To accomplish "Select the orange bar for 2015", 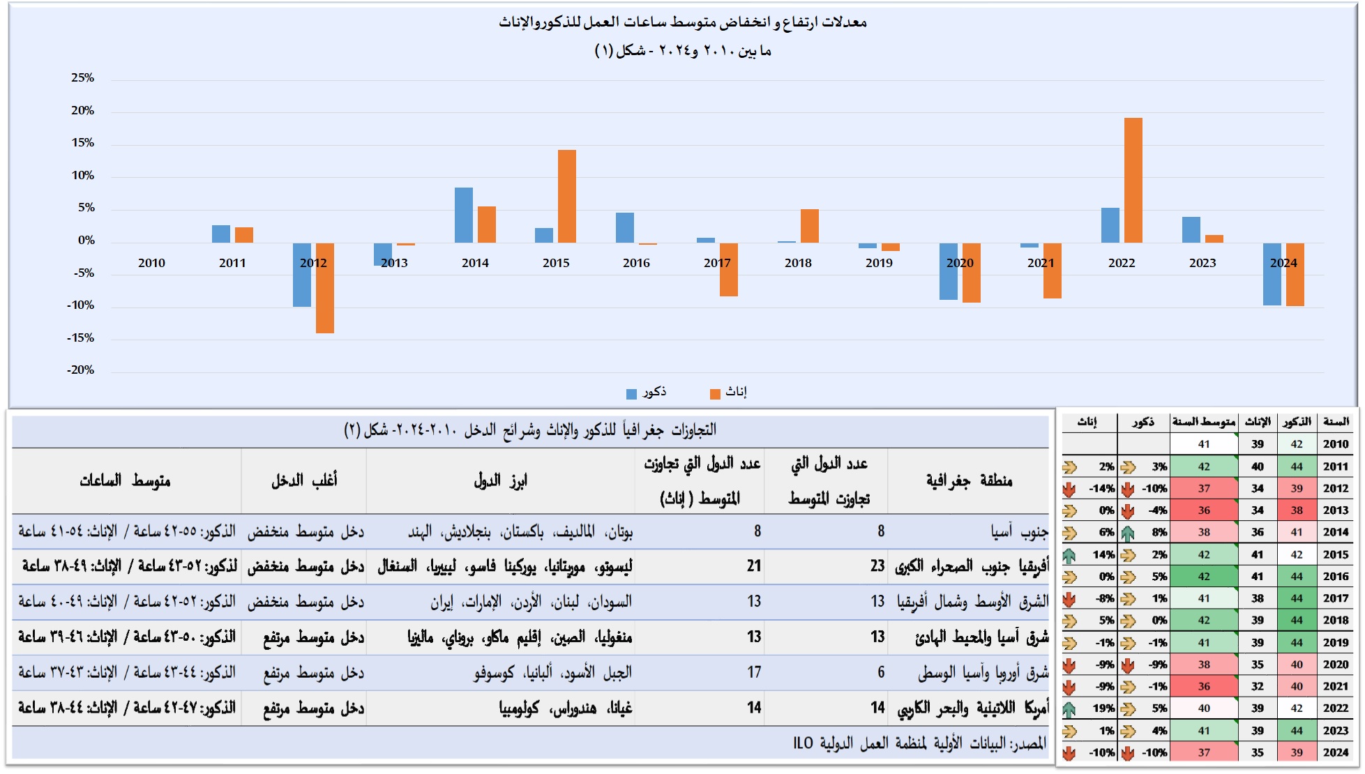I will [566, 196].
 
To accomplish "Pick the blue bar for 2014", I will [463, 215].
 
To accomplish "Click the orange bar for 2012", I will [324, 287].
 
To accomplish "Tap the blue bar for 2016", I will [624, 227].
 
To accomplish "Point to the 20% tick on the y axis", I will [82, 110].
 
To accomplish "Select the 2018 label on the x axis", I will [798, 263].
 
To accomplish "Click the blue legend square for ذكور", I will [631, 394].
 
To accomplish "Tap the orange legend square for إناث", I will [714, 394].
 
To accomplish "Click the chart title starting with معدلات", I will [682, 22].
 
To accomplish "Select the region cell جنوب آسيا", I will [1019, 532].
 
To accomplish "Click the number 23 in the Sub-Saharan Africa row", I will [877, 566].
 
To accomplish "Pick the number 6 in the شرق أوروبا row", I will [880, 672].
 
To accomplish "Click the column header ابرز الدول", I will [500, 480].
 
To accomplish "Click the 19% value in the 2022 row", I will [1103, 708].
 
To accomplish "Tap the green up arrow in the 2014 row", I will [1127, 533].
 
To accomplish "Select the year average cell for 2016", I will [1204, 577].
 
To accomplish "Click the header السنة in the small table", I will [1335, 422].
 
